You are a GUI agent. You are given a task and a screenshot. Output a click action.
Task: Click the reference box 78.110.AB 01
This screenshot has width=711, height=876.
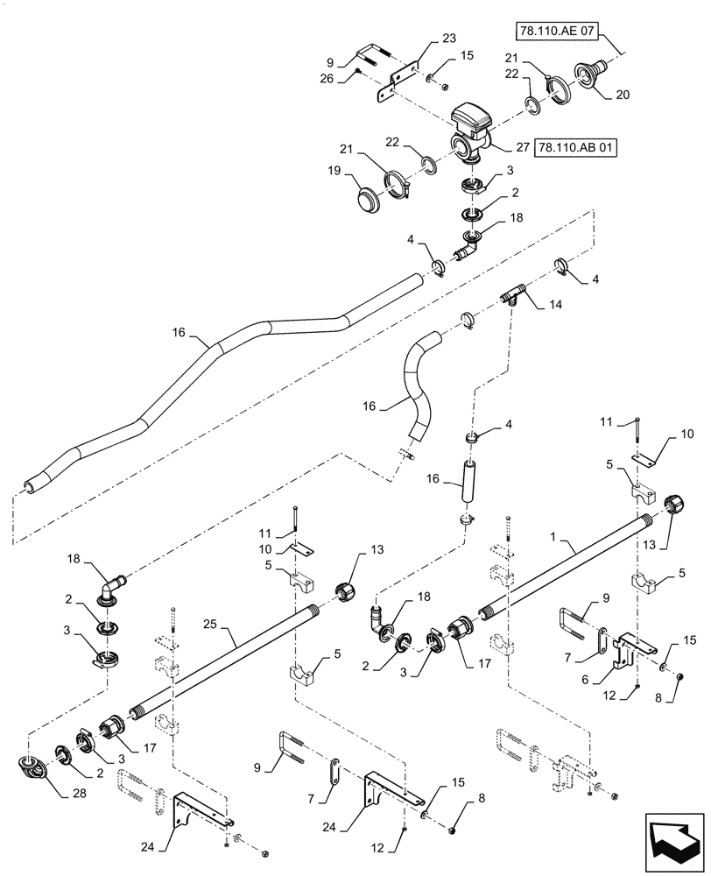coord(574,147)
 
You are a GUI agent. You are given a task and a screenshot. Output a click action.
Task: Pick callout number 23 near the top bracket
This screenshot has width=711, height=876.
coord(449,38)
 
